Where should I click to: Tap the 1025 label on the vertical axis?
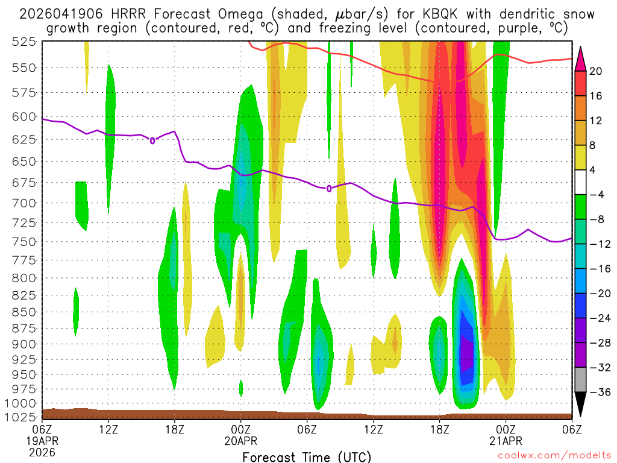(x=22, y=417)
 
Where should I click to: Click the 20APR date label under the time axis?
(x=241, y=441)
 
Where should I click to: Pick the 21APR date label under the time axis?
(x=506, y=441)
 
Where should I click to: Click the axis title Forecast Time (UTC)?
(x=307, y=456)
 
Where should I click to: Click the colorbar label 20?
(x=596, y=71)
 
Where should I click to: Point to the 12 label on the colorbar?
(x=596, y=121)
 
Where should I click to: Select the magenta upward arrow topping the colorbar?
(x=581, y=56)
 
